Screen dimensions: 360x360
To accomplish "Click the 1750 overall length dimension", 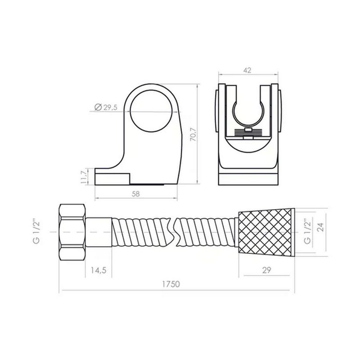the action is [x=171, y=284].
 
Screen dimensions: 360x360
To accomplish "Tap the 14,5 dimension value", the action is [x=99, y=270].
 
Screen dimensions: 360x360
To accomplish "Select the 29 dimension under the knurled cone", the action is [x=266, y=270].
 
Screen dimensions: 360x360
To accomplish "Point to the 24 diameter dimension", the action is [x=321, y=227].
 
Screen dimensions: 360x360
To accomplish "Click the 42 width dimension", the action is [x=247, y=70].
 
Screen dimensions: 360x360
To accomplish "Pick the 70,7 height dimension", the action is [x=193, y=134].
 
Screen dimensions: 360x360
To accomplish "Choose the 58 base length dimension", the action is [x=135, y=194].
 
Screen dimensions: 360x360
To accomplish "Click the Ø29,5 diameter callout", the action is [x=106, y=107].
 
